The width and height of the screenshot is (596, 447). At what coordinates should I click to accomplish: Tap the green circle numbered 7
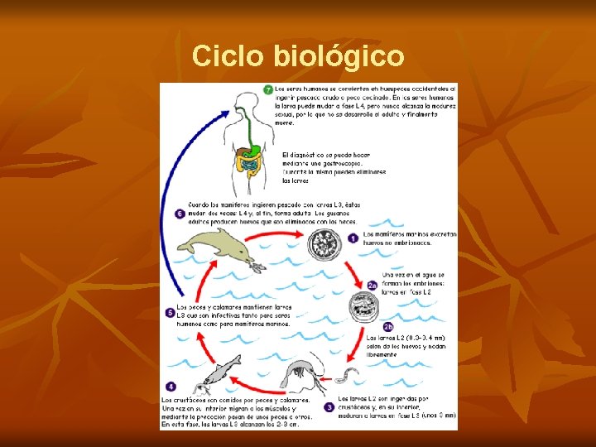pos(268,89)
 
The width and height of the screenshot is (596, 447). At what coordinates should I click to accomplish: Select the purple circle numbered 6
pos(180,214)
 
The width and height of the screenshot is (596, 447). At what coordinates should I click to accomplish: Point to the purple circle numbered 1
pos(352,238)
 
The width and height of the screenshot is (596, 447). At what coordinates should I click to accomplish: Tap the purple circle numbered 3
pos(329,406)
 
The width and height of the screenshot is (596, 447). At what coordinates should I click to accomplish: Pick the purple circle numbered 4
pos(171,386)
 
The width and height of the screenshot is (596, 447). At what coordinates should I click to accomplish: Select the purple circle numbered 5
pos(170,313)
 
